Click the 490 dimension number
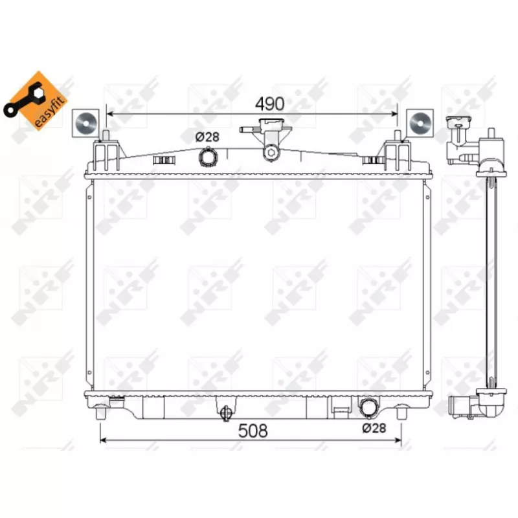[269, 104]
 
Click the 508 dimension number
[253, 431]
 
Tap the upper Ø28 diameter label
[207, 137]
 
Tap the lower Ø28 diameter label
[374, 428]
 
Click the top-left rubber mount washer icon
[85, 123]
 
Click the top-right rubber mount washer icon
[420, 123]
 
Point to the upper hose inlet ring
[208, 157]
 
